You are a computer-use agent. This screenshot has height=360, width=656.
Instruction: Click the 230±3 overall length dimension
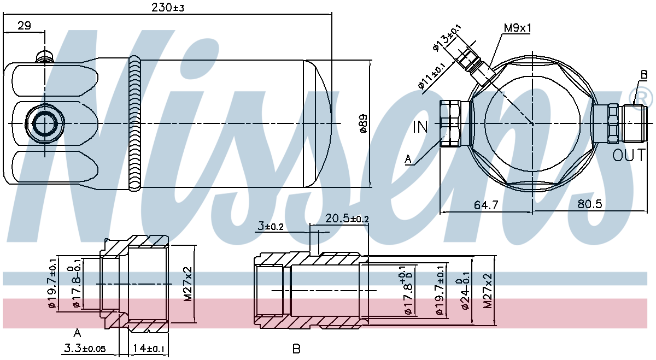click(167, 7)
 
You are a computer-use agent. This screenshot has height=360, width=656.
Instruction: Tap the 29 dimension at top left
click(24, 26)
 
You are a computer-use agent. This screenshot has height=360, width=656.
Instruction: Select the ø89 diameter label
click(363, 123)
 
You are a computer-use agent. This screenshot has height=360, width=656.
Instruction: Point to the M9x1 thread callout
click(517, 28)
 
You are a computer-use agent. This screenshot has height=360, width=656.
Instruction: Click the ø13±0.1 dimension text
click(447, 38)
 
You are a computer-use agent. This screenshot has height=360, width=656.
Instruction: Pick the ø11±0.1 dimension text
click(432, 76)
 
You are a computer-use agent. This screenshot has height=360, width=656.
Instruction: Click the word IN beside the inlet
click(420, 127)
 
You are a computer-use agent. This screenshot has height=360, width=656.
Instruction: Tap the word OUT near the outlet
click(629, 155)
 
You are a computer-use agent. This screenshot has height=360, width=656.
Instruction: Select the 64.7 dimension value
click(486, 205)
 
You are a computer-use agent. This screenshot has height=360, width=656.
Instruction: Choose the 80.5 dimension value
click(589, 204)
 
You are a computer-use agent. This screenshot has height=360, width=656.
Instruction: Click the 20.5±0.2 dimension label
click(347, 219)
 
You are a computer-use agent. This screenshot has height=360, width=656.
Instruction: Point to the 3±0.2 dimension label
click(271, 226)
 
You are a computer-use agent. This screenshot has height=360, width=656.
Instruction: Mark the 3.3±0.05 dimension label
click(85, 348)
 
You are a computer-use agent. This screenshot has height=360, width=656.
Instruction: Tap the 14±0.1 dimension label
click(149, 349)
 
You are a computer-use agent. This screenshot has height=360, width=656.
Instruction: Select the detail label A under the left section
click(77, 333)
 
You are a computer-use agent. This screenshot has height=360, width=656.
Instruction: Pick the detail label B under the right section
click(296, 349)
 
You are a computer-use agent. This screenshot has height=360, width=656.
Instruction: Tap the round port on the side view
click(44, 124)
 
